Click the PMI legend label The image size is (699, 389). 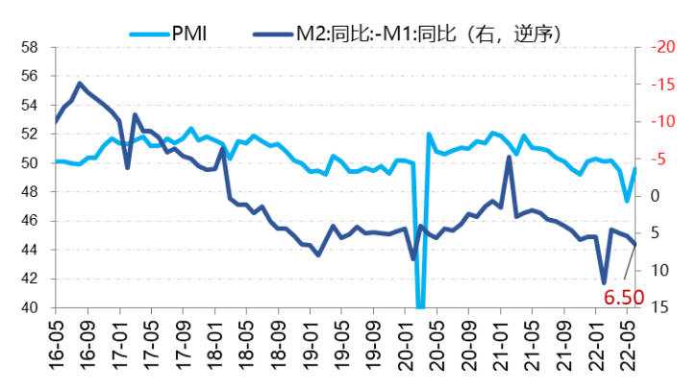[189, 36]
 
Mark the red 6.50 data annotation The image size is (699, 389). [622, 298]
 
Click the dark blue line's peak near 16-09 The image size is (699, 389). [79, 84]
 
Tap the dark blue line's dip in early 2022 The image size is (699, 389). [604, 282]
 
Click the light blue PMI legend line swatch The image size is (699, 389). [147, 36]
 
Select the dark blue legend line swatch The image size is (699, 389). [272, 36]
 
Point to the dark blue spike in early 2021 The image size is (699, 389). [509, 158]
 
